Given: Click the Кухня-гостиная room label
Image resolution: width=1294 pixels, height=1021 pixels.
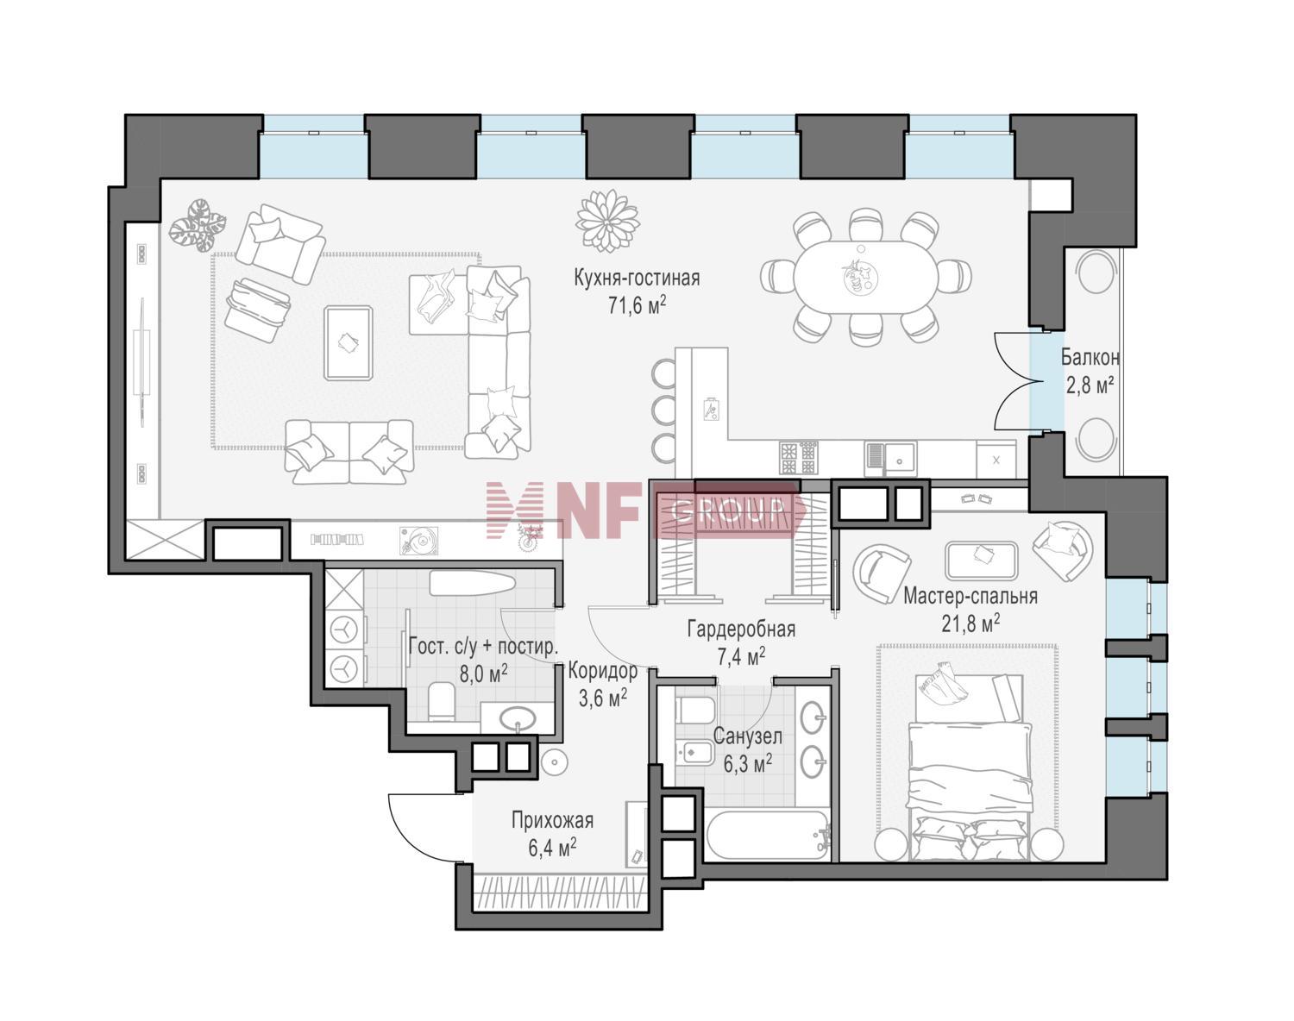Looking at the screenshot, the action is (637, 279).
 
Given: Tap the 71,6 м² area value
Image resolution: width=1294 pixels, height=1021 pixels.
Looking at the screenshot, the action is (637, 306).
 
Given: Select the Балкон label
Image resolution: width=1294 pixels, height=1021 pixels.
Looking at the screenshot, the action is (1090, 358).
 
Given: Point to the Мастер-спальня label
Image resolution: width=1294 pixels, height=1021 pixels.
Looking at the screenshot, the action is (970, 596).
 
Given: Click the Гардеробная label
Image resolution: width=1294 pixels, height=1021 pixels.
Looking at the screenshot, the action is (741, 630).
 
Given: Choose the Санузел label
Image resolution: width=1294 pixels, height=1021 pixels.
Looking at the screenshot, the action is (747, 736).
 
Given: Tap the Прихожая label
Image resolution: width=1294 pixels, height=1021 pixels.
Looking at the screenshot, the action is (552, 820).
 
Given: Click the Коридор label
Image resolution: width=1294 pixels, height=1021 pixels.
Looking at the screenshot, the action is (602, 670).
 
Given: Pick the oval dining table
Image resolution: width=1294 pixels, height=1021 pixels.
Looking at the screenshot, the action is (865, 277).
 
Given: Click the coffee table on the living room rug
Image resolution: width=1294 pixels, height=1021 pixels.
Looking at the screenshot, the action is (349, 342).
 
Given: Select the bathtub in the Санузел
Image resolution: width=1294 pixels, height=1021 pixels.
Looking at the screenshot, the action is (768, 836).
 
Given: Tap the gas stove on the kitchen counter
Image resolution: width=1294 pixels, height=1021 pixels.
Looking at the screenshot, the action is (799, 458).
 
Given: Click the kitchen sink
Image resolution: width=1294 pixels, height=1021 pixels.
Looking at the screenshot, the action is (890, 459).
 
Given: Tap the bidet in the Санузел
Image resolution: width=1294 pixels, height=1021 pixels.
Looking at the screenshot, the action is (694, 752).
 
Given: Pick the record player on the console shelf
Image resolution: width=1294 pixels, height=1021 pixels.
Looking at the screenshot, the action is (418, 540).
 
